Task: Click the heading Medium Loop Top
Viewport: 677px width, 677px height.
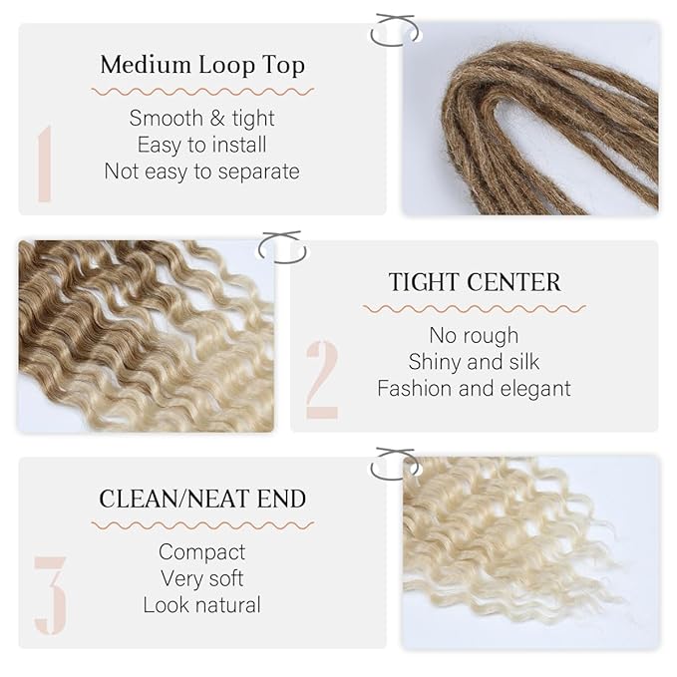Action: coord(202,66)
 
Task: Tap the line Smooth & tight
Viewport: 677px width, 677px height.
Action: coord(201,119)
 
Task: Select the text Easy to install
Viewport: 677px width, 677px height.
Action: coord(201,145)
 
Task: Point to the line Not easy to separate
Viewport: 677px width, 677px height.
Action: coord(201,171)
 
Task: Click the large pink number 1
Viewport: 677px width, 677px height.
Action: coord(44,164)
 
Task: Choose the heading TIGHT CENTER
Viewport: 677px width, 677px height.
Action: coord(475,282)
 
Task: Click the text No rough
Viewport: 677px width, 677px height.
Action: coord(474,335)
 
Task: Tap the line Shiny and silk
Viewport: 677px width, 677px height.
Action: coord(474,361)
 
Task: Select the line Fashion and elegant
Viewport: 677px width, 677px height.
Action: coord(474,388)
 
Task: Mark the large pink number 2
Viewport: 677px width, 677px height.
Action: coord(322,379)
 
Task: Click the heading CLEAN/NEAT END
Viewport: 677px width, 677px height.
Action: coord(202,499)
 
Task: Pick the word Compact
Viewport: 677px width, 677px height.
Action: coord(201,552)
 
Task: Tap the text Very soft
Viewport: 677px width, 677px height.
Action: coord(201,578)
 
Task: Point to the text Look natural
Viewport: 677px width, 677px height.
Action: coord(201,605)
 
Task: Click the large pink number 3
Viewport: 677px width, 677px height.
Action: coord(50,595)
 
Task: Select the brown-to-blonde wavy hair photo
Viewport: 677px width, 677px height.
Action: coord(146,336)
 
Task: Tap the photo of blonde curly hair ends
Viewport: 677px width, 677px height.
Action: coord(529,551)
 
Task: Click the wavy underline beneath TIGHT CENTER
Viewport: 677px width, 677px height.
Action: coord(475,309)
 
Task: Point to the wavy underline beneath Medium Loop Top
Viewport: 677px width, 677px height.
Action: coord(202,92)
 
